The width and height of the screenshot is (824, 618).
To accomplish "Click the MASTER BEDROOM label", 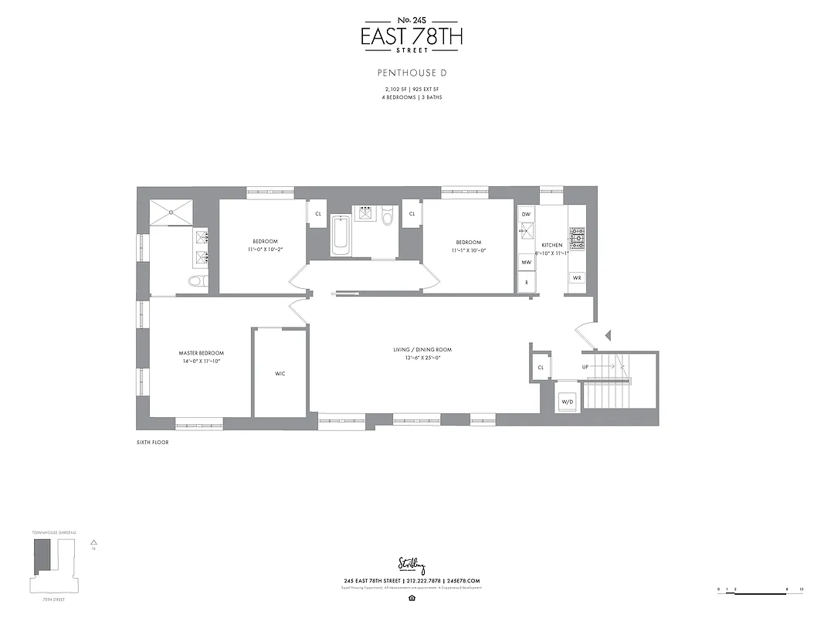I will [201, 353].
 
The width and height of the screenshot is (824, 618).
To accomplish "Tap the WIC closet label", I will [280, 374].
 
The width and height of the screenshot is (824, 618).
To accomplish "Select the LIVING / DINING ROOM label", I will [422, 350].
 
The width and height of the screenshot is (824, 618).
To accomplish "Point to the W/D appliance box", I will [567, 402].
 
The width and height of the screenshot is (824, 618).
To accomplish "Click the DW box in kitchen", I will [526, 213].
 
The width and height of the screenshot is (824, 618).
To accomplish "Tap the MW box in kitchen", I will [526, 263].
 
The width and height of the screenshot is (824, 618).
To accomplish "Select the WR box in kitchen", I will [576, 277].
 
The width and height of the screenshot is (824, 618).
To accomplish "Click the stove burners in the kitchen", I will [577, 235].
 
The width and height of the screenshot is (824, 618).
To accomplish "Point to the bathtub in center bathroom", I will [341, 236].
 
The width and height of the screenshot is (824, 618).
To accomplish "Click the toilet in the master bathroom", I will [196, 281].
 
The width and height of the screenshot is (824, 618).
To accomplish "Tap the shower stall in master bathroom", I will [171, 212].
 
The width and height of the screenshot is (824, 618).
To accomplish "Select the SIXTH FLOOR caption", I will [151, 443].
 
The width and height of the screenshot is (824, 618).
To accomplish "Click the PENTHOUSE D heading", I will [412, 73].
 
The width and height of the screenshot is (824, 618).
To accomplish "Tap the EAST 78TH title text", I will [412, 36].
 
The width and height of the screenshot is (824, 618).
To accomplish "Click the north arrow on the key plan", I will [93, 543].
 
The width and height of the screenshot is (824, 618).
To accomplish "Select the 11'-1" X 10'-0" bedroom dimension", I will [468, 250].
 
